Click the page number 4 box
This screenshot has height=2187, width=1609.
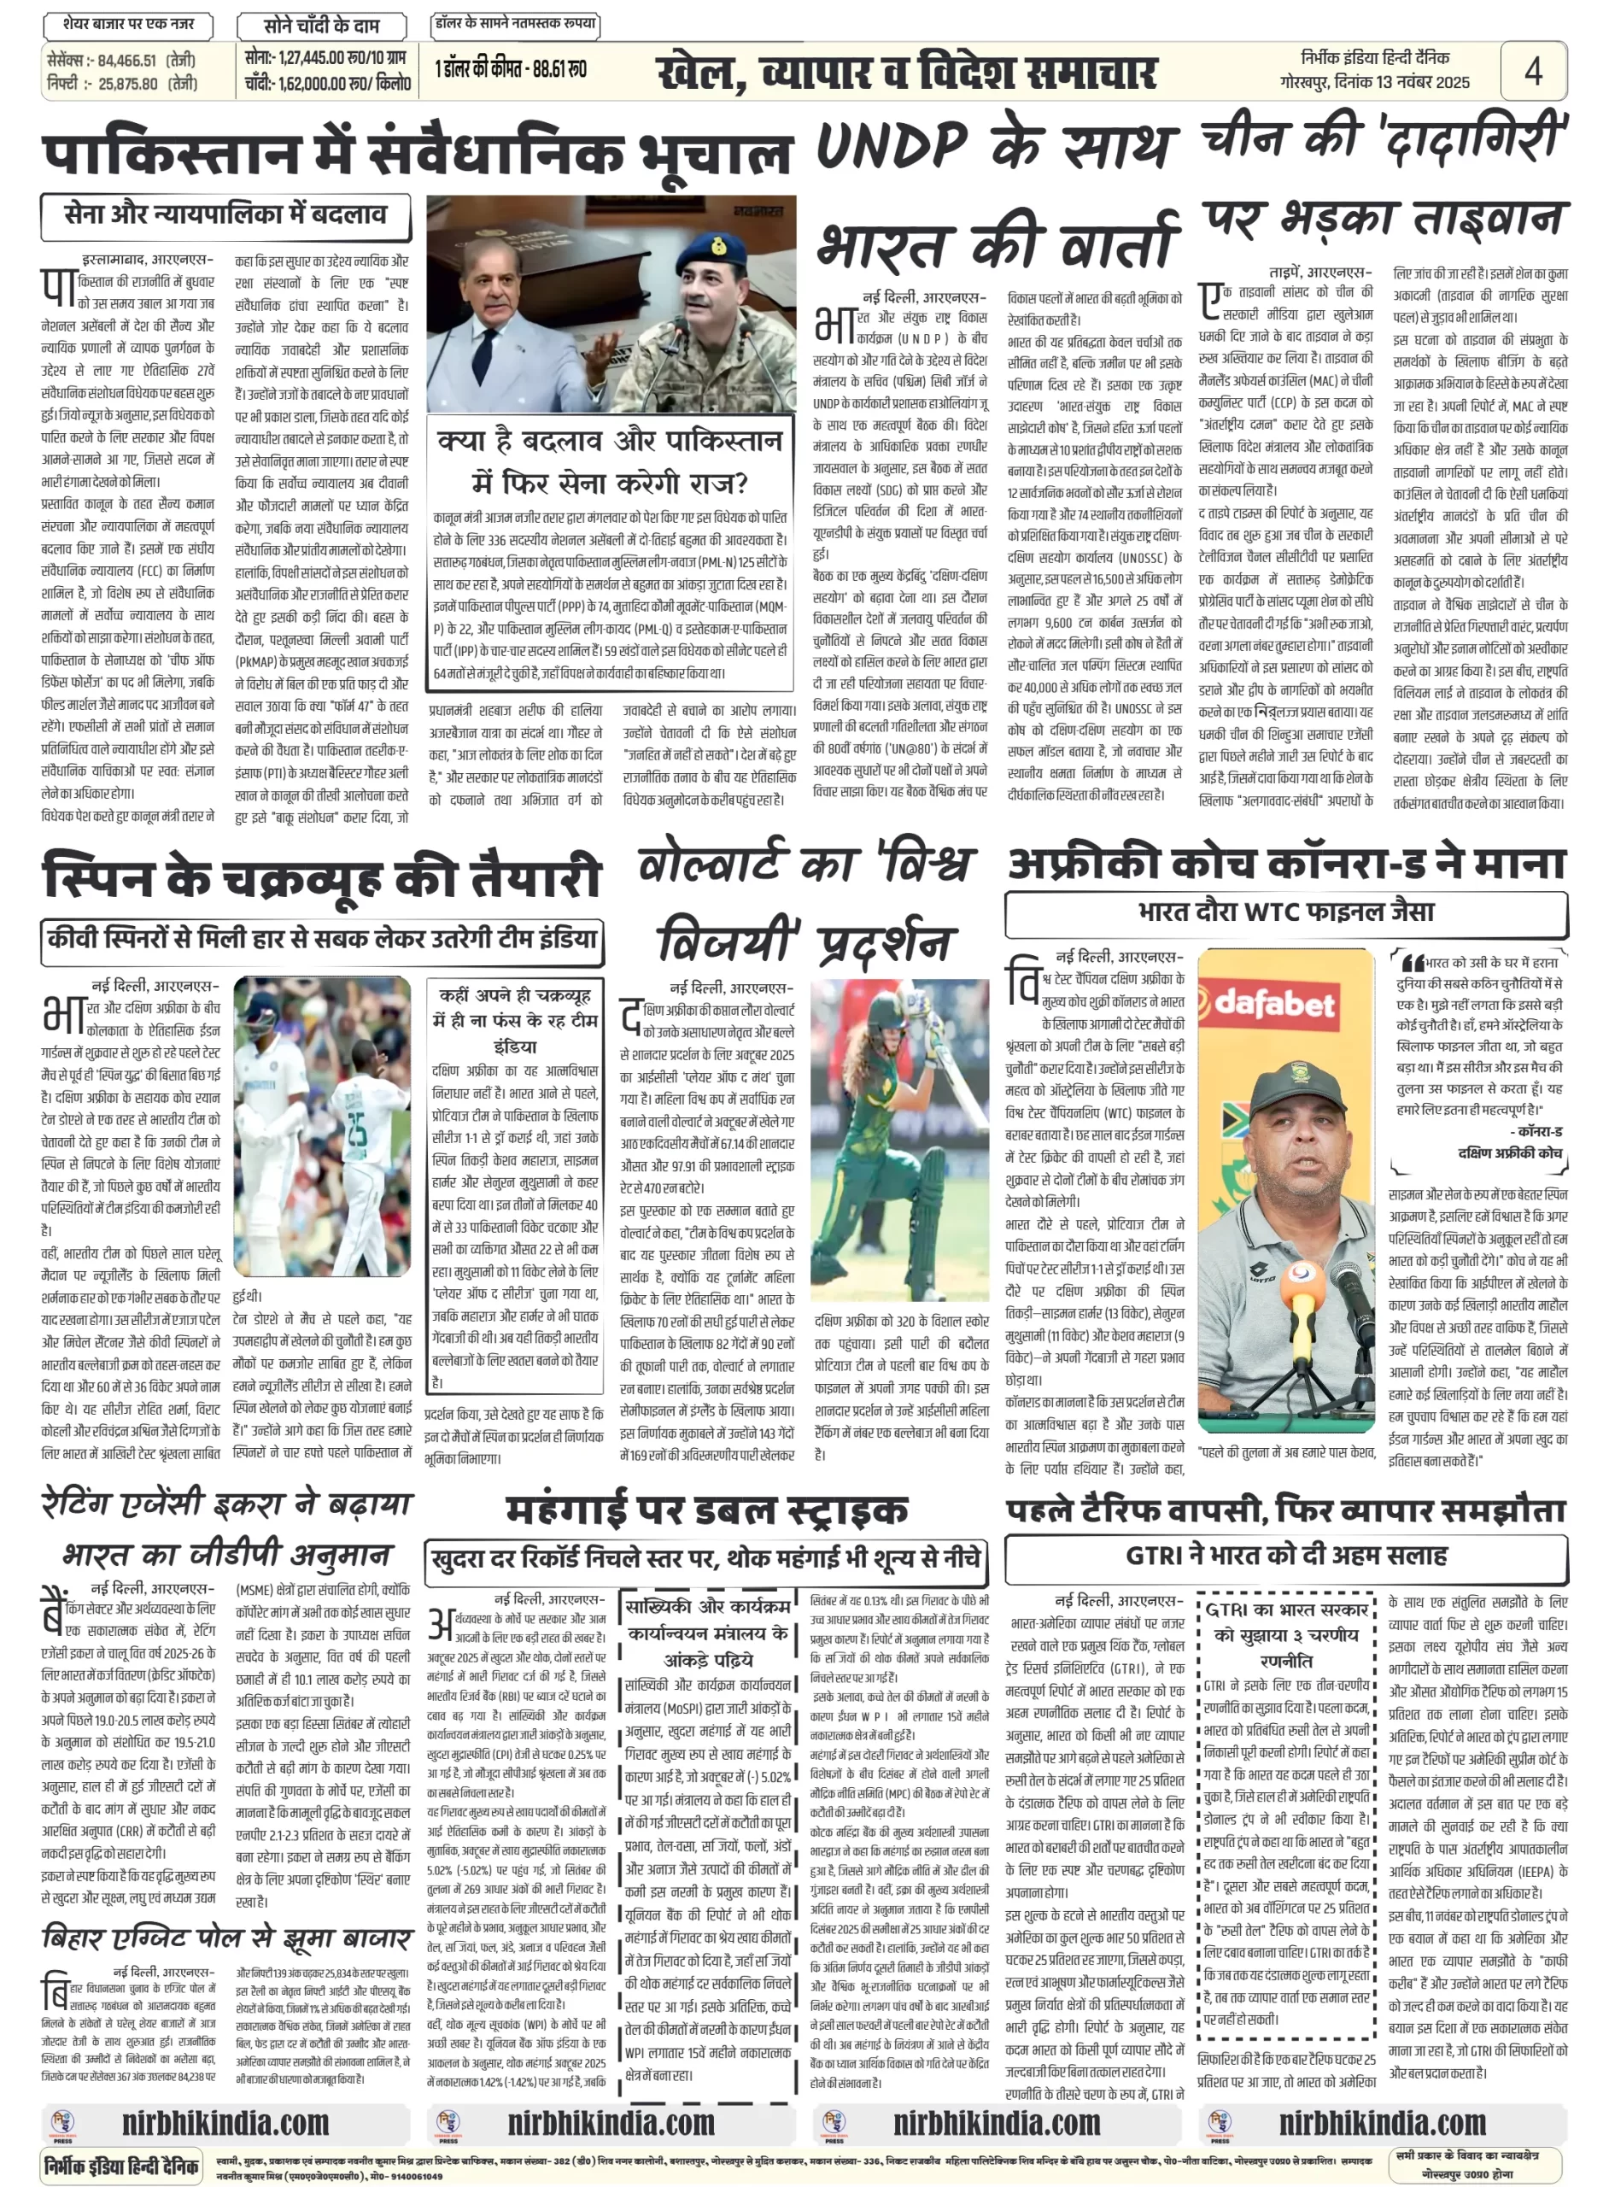coord(1532,70)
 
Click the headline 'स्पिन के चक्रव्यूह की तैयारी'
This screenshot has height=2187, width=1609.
coord(321,876)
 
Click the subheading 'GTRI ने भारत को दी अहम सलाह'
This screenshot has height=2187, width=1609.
coord(1285,1554)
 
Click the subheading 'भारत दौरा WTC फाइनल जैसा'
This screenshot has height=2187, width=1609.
coord(1285,912)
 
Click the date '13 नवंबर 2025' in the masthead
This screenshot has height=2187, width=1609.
coord(1422,83)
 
